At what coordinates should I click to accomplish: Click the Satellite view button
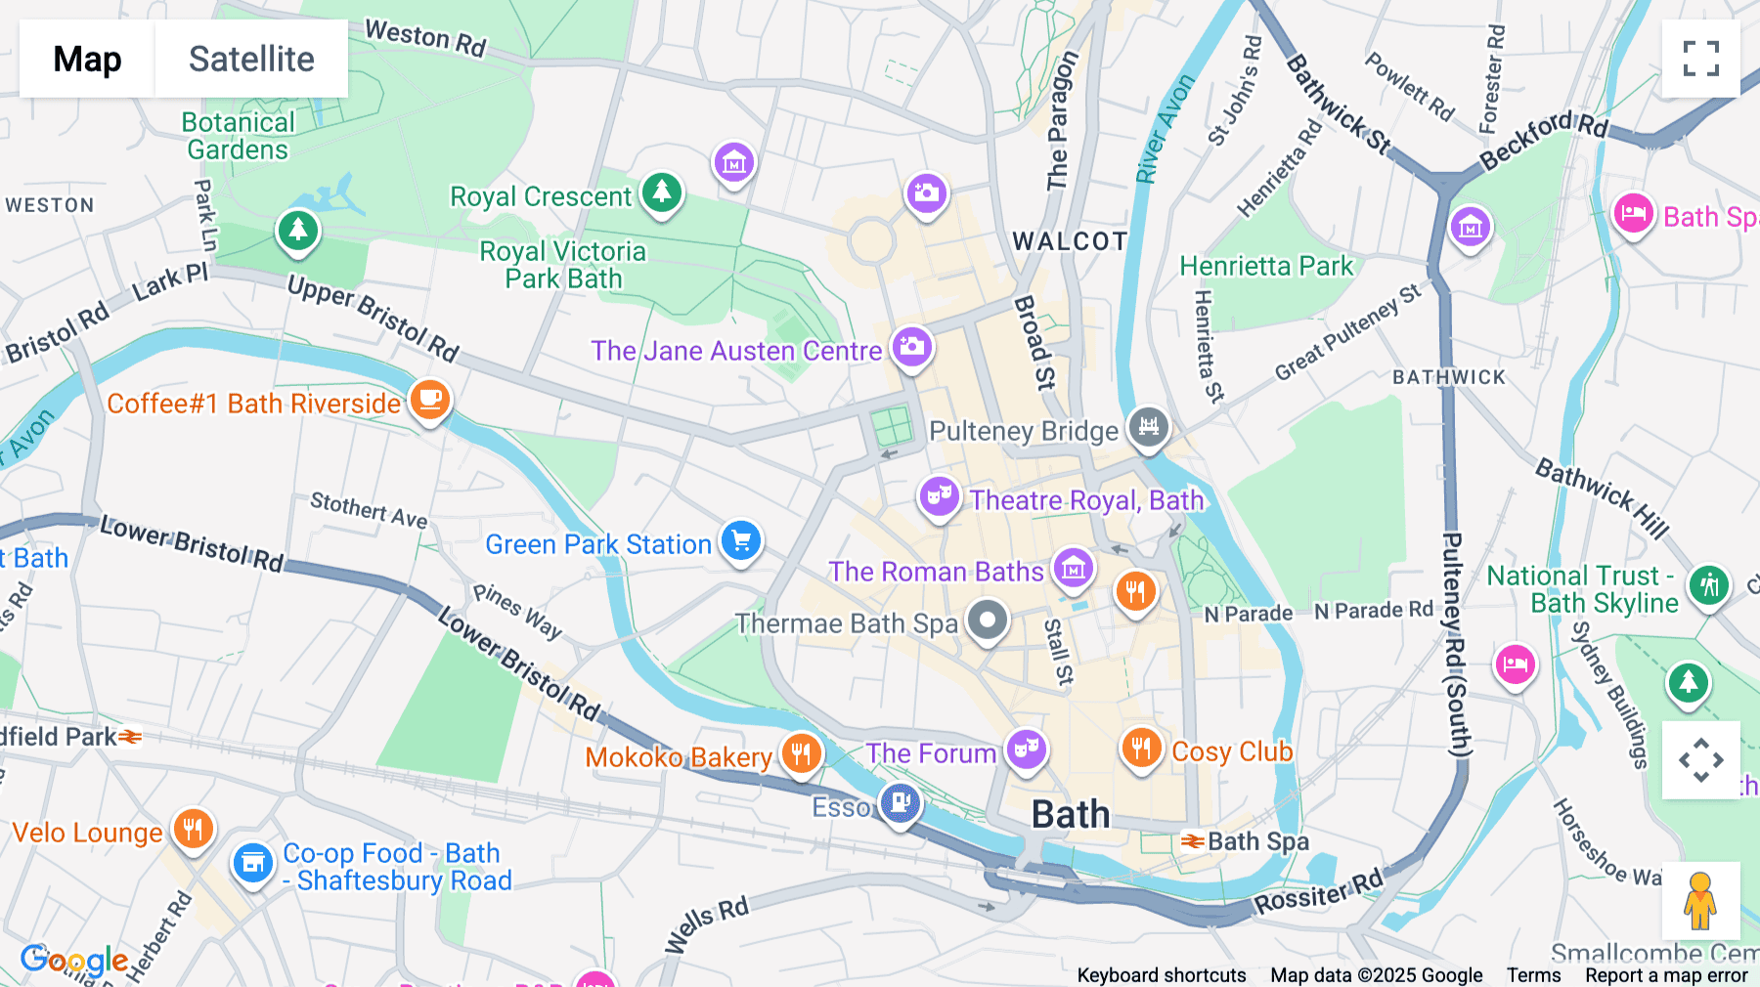pyautogui.click(x=251, y=59)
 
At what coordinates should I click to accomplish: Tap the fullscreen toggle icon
pyautogui.click(x=1700, y=59)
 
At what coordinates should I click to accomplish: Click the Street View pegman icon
pyautogui.click(x=1700, y=900)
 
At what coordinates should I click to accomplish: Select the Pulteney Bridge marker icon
pyautogui.click(x=1148, y=427)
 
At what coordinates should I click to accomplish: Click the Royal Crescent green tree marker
pyautogui.click(x=662, y=192)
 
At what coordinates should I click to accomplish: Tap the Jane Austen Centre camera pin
pyautogui.click(x=911, y=347)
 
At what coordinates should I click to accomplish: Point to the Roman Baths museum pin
pyautogui.click(x=1073, y=568)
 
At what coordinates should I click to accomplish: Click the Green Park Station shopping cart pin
pyautogui.click(x=741, y=540)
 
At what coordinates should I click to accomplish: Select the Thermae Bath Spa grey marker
pyautogui.click(x=988, y=621)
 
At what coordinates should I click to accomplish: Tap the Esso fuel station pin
pyautogui.click(x=900, y=804)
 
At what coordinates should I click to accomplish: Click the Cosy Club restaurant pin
pyautogui.click(x=1140, y=749)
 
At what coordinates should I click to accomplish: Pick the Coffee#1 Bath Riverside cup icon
pyautogui.click(x=429, y=401)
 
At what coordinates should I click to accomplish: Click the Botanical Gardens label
pyautogui.click(x=238, y=136)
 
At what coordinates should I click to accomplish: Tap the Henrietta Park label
pyautogui.click(x=1266, y=266)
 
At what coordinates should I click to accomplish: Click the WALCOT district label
pyautogui.click(x=1070, y=241)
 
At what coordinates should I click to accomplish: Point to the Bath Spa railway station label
pyautogui.click(x=1257, y=841)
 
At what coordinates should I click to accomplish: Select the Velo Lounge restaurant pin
pyautogui.click(x=193, y=830)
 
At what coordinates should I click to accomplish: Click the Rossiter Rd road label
pyautogui.click(x=1318, y=892)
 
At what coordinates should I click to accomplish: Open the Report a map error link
pyautogui.click(x=1665, y=975)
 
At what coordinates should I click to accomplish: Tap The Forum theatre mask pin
pyautogui.click(x=1026, y=751)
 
